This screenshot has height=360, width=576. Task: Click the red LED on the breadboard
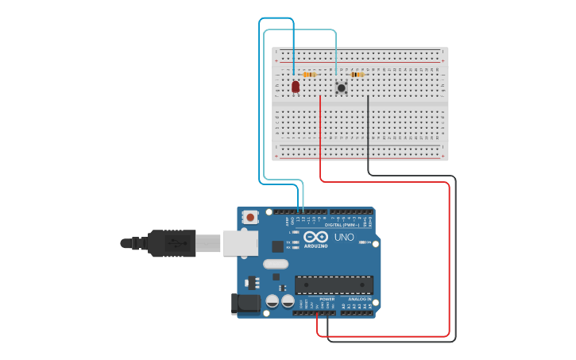pos(296,86)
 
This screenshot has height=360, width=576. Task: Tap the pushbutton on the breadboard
pos(342,87)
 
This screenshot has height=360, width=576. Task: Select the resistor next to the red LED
pos(310,75)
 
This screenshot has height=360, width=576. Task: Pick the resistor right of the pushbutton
pos(358,75)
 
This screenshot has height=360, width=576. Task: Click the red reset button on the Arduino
pos(251,216)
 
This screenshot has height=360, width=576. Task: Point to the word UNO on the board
pos(343,237)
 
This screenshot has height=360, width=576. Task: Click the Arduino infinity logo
pos(315,237)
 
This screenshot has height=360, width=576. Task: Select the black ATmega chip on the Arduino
pos(334,285)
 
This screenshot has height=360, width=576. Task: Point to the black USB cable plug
pos(171,242)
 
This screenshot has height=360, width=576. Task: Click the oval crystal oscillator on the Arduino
pos(274,264)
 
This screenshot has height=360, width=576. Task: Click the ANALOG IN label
pos(358,299)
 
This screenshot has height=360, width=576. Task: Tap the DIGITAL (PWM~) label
pos(339,225)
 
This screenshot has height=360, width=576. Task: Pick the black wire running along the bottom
pos(389,341)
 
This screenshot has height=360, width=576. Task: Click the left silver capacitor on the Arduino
pos(272,301)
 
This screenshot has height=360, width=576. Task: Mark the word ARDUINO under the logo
pos(315,246)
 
